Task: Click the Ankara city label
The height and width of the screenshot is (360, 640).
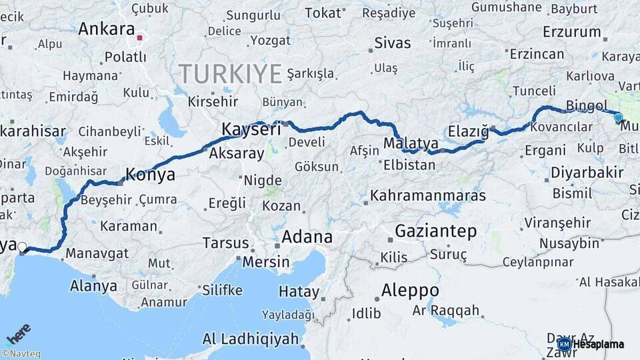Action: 107,29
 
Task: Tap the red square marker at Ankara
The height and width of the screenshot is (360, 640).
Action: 139,37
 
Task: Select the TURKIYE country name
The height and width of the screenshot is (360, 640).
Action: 230,73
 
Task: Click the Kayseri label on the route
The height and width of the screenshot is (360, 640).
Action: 251,129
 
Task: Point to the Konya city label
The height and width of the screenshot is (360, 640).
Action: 151,175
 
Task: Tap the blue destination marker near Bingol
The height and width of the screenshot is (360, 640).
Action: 618,117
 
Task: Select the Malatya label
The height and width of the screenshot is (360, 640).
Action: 411,143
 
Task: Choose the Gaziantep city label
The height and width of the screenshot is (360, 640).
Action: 436,231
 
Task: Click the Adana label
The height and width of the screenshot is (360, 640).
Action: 307,237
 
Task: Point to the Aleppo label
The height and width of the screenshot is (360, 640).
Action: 410,291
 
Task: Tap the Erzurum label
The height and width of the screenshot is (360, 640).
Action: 571,32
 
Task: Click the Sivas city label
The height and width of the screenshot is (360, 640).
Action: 392,44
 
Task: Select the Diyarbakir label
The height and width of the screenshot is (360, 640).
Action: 587,173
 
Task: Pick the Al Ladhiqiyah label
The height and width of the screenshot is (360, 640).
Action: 251,339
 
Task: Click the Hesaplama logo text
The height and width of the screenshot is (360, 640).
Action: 599,344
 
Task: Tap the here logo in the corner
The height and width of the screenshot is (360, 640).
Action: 18,333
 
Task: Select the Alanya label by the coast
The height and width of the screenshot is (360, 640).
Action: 93,286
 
